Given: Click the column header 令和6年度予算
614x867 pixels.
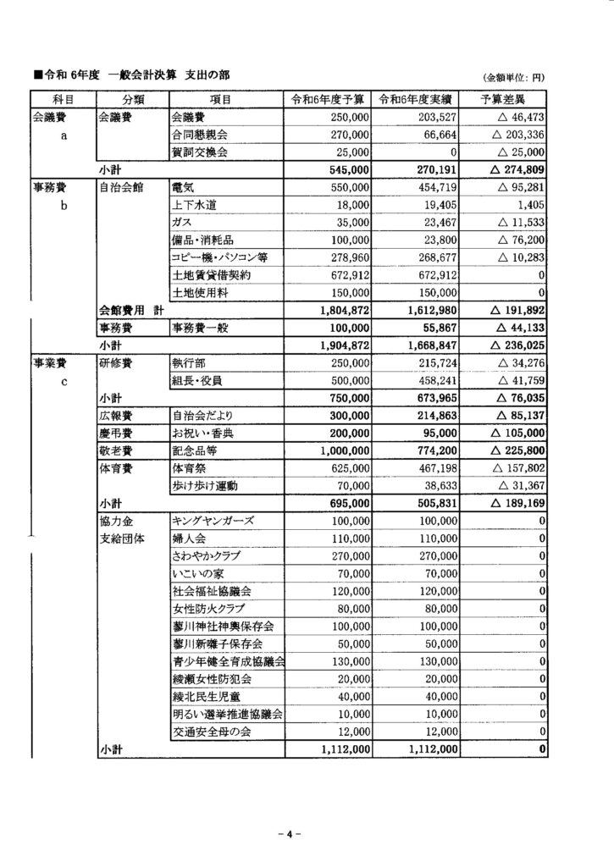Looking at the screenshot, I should coord(328,99).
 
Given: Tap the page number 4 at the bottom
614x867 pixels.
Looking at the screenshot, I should coord(289,835).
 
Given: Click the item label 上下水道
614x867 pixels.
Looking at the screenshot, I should coord(194,205).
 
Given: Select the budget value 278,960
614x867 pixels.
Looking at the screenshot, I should coord(346,257).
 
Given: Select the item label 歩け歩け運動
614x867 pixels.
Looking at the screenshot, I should coord(206,486).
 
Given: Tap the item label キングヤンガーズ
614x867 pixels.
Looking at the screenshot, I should coord(213,521).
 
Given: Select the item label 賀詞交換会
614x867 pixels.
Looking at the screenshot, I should coord(200,152).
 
